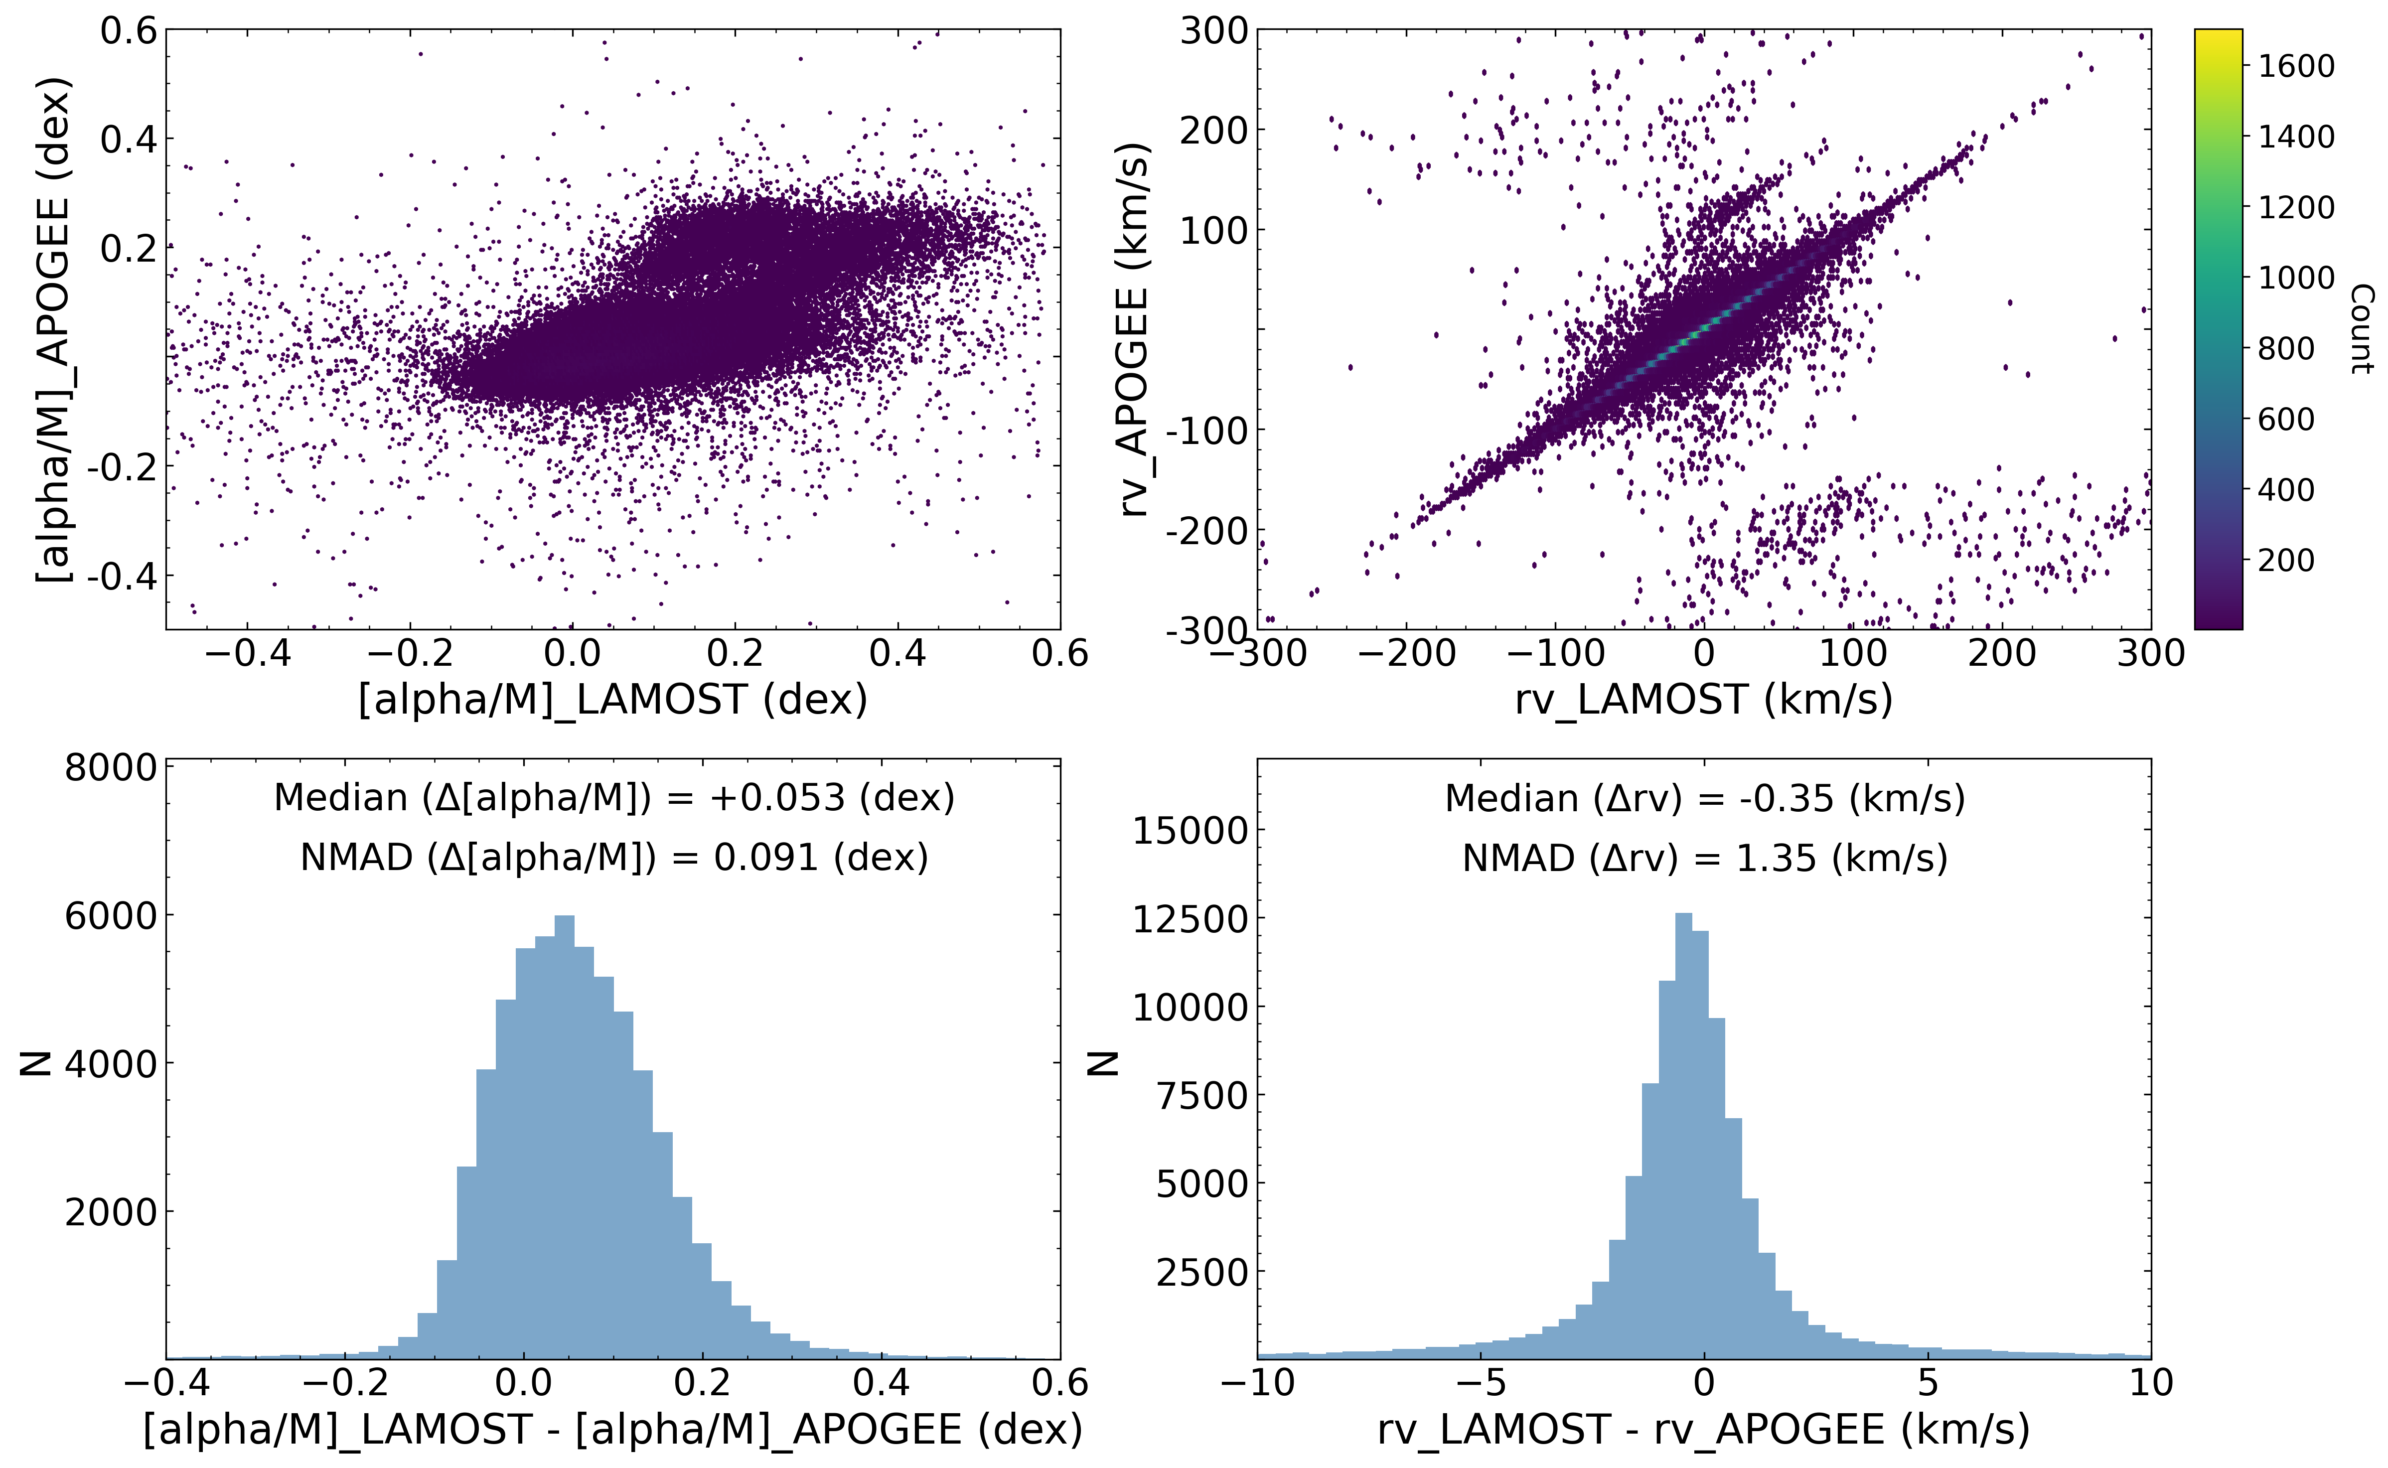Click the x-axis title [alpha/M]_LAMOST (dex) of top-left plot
(612, 699)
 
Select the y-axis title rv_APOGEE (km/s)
(1133, 329)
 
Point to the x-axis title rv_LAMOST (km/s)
(1704, 699)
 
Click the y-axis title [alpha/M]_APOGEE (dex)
(53, 329)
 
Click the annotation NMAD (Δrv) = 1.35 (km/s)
(1705, 858)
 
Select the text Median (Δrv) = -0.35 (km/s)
(1705, 798)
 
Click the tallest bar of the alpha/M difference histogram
(564, 1136)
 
